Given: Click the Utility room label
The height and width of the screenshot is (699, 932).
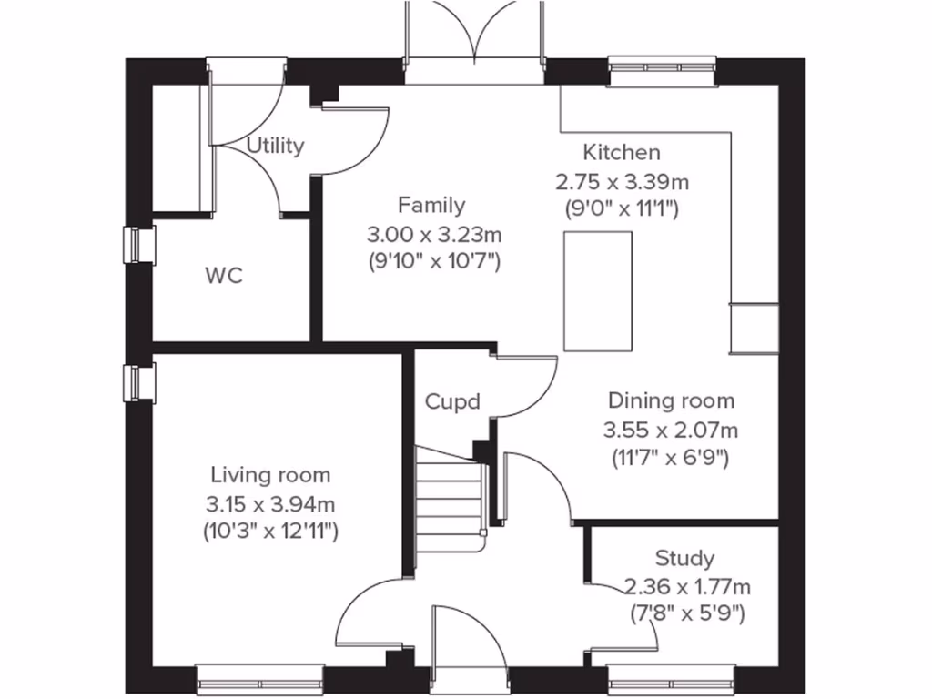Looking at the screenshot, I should [275, 146].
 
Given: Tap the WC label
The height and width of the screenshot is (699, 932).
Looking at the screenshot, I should [224, 276].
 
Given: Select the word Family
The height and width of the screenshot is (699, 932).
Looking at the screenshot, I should [431, 206].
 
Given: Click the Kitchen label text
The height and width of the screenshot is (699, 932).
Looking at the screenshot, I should [622, 152].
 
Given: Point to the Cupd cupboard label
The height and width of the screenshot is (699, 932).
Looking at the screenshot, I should [452, 401].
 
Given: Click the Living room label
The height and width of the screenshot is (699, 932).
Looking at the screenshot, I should [270, 474].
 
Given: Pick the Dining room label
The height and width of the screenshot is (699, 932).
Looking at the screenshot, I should [671, 400].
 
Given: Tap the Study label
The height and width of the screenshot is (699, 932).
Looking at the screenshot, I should [684, 558].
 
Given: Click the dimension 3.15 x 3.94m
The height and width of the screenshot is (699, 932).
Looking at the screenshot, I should [270, 503].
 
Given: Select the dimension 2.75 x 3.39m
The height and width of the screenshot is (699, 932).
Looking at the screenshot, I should [622, 181].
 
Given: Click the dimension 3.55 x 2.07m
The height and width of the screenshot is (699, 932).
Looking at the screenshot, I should [671, 429].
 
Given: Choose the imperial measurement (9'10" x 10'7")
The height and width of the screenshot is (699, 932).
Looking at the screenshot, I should [435, 263].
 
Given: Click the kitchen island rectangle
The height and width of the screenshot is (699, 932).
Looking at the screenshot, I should [597, 291].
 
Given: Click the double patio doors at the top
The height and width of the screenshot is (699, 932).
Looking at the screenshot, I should [473, 36].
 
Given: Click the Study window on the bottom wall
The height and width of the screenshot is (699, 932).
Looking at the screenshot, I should [672, 677].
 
